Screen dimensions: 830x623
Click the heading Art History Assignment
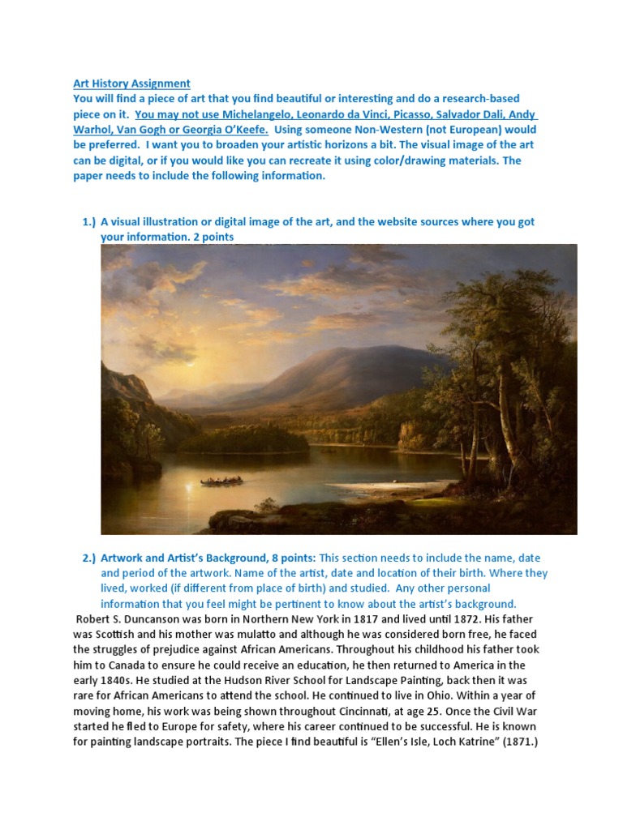131,83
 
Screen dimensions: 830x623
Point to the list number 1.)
88,221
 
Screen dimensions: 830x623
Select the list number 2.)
88,558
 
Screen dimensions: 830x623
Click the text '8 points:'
290,558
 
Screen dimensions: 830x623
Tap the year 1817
363,619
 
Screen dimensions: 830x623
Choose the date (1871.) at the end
507,742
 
